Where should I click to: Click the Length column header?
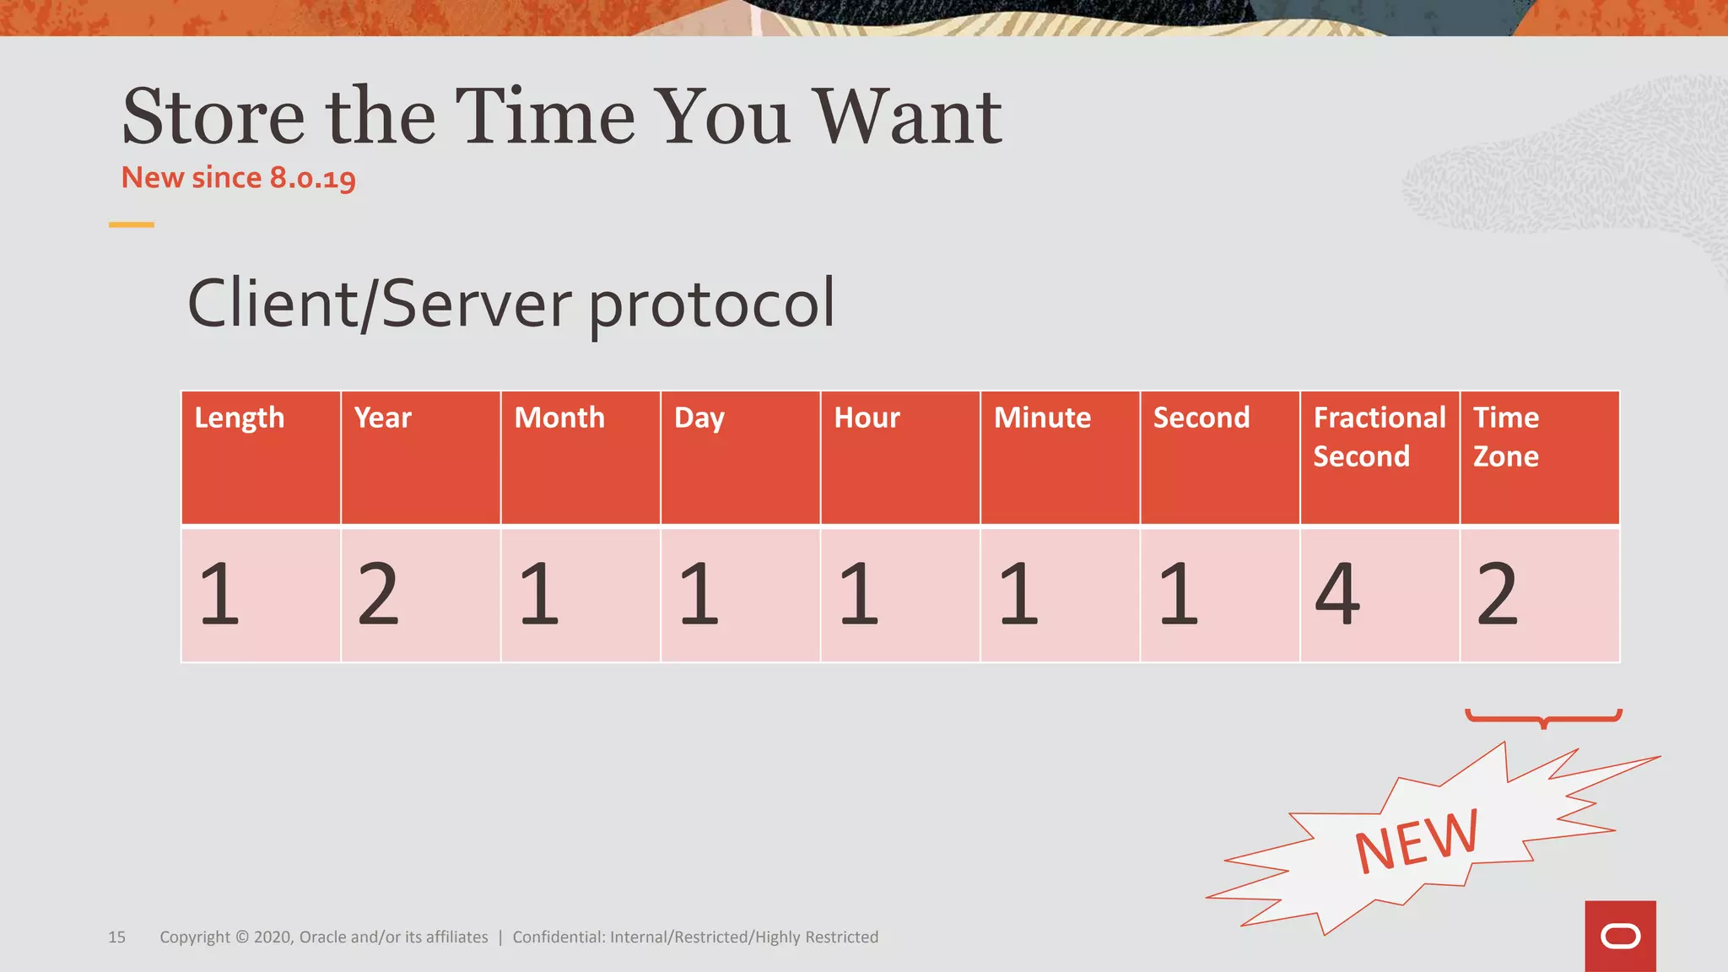coord(240,418)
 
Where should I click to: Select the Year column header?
coord(383,418)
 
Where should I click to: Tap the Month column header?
coord(559,418)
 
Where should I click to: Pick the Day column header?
coord(699,418)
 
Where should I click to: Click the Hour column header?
coord(867,418)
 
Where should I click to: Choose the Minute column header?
coord(1042,418)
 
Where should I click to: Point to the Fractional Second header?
coord(1379,437)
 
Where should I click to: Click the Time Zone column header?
coord(1506,437)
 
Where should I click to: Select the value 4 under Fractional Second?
coord(1338,595)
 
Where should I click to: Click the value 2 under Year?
coord(378,595)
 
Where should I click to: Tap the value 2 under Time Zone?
coord(1497,595)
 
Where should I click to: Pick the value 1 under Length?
coord(219,595)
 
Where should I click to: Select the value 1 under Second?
coord(1179,595)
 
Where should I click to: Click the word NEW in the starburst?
coord(1417,840)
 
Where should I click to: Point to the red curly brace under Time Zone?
coord(1543,718)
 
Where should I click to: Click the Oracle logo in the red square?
coord(1620,937)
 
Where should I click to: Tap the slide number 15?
coord(116,937)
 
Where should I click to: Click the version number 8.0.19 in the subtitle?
coord(312,178)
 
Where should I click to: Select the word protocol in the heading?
coord(711,304)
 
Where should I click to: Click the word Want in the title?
coord(907,117)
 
